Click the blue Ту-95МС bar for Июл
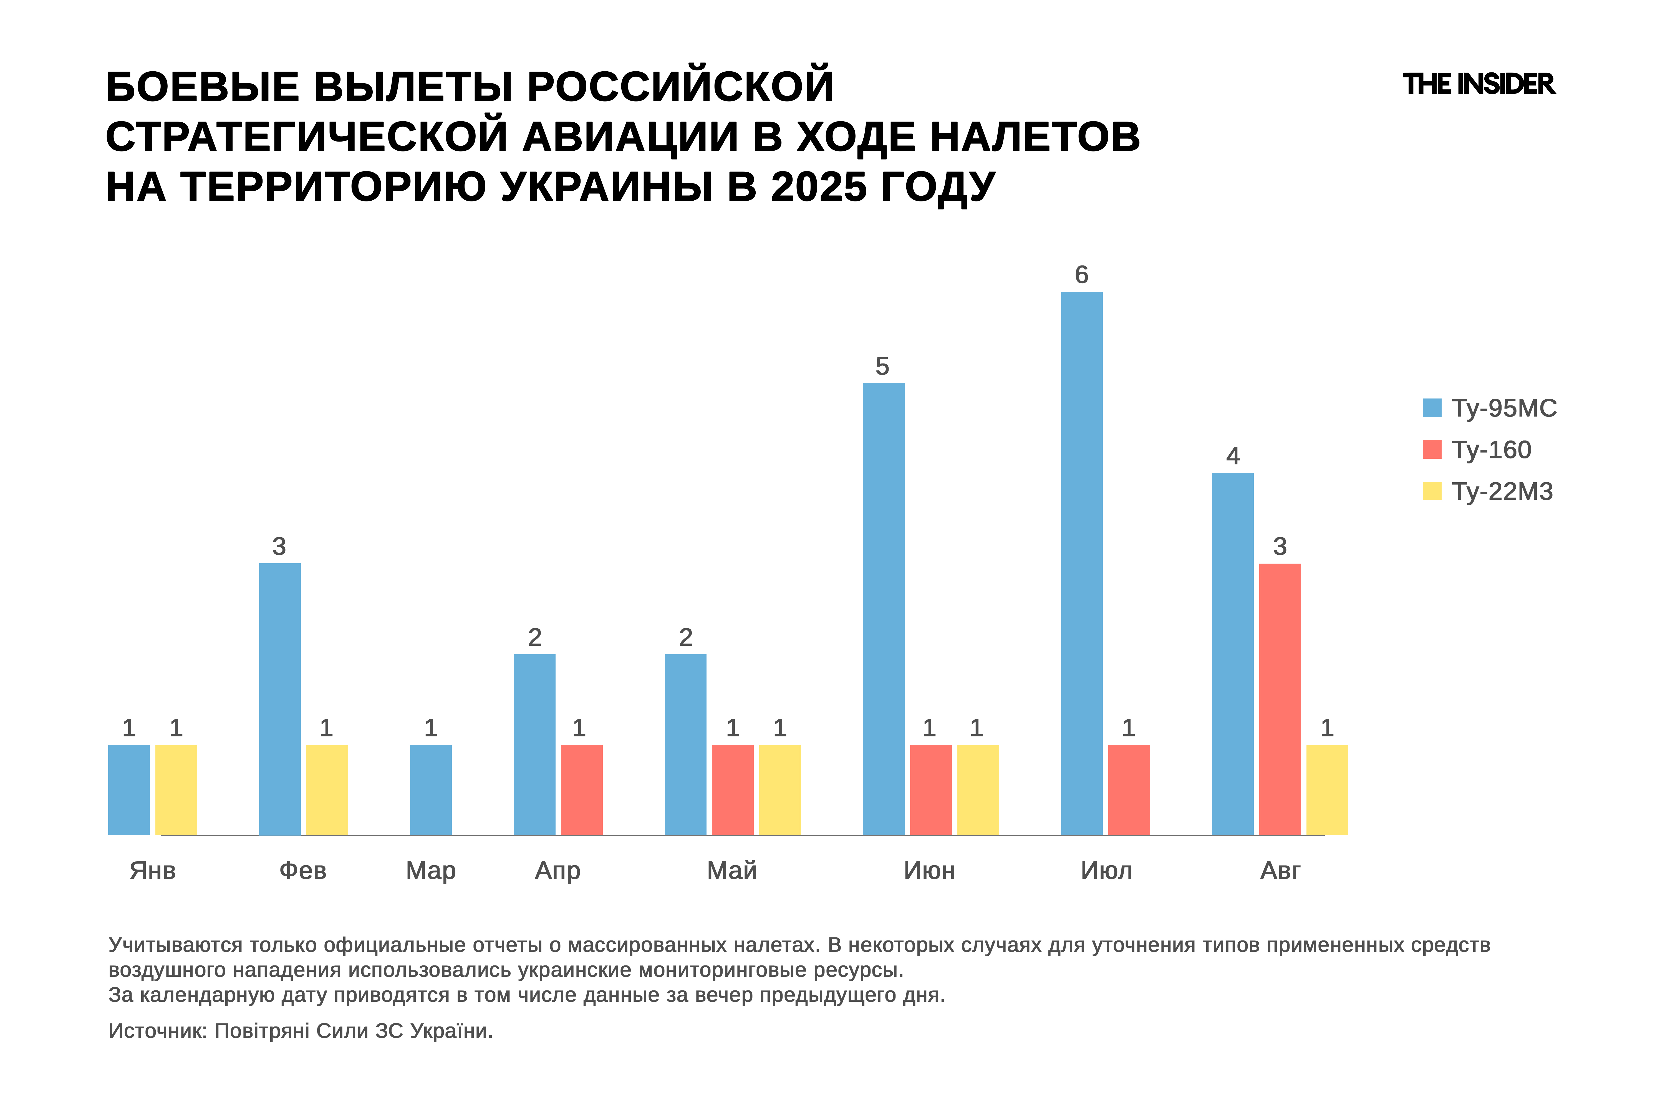coord(1082,564)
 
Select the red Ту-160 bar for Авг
coord(1280,699)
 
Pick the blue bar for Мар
coord(430,790)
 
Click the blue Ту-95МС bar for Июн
coord(884,609)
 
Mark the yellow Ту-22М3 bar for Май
coord(779,790)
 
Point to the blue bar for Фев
coord(280,699)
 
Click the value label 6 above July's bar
coord(1081,275)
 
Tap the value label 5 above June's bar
coord(882,366)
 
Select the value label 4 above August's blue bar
coord(1232,456)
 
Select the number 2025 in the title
coord(818,188)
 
